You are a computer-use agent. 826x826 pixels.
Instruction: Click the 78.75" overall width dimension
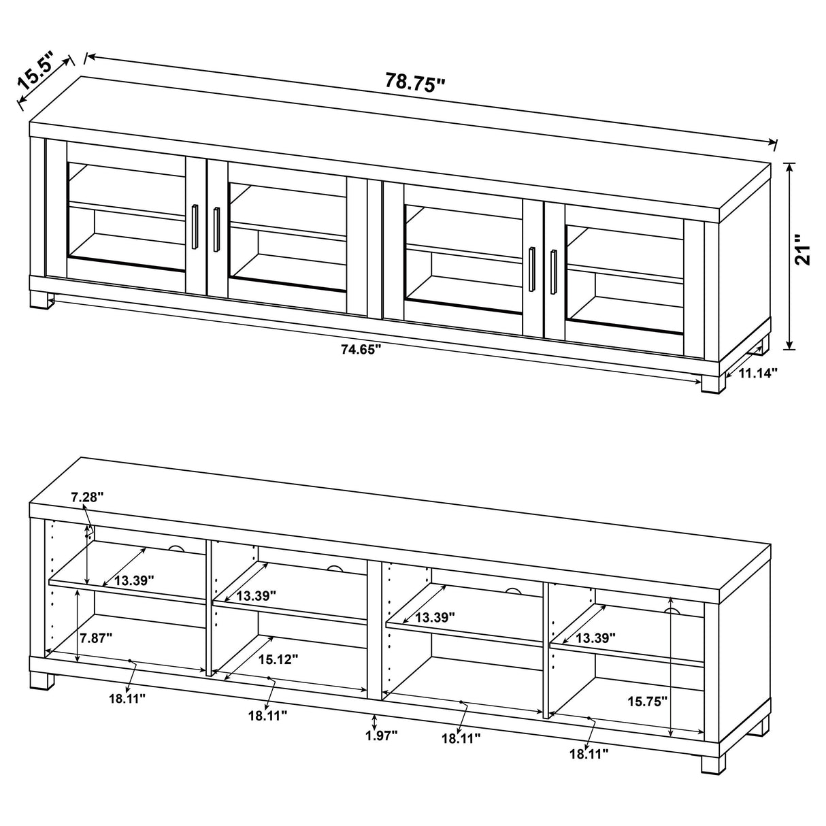pyautogui.click(x=414, y=82)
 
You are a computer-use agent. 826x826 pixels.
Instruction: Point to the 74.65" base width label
pyautogui.click(x=361, y=350)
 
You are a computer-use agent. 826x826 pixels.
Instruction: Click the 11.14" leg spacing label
pyautogui.click(x=758, y=372)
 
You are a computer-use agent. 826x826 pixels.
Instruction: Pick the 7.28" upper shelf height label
pyautogui.click(x=87, y=497)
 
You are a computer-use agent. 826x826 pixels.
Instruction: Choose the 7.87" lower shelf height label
pyautogui.click(x=95, y=638)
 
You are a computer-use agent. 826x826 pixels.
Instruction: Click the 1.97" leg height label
pyautogui.click(x=380, y=735)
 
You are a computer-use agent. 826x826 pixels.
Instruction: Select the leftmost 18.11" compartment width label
pyautogui.click(x=127, y=697)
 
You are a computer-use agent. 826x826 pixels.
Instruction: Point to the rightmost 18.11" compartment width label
pyautogui.click(x=589, y=753)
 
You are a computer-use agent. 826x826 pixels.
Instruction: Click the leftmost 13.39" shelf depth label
pyautogui.click(x=134, y=580)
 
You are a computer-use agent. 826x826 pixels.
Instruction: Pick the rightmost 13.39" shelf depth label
pyautogui.click(x=595, y=638)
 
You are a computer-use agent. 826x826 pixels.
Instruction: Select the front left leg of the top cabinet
pyautogui.click(x=42, y=300)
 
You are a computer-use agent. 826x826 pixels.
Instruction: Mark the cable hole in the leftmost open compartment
pyautogui.click(x=177, y=549)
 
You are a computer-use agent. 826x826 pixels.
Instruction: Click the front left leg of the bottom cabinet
pyautogui.click(x=40, y=681)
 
